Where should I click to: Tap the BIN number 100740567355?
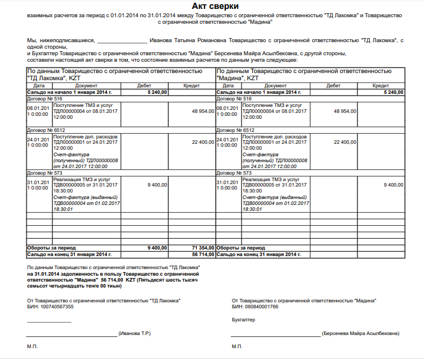pyautogui.click(x=54, y=307)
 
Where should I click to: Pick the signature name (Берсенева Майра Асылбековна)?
pyautogui.click(x=360, y=334)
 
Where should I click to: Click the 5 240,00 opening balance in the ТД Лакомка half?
pyautogui.click(x=158, y=93)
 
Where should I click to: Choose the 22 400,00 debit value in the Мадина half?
pyautogui.click(x=345, y=142)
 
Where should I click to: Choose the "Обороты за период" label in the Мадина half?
pyautogui.click(x=240, y=247)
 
